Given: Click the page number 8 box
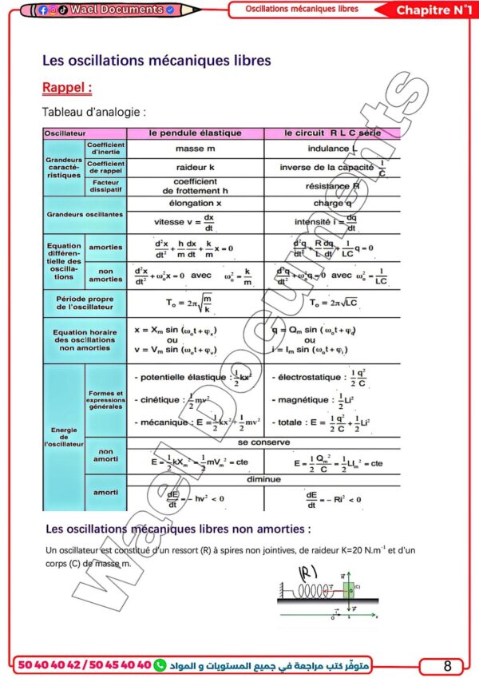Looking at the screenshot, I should coord(447,665).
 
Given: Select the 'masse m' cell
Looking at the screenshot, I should coord(195,149).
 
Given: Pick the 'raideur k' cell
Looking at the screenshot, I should coord(195,168).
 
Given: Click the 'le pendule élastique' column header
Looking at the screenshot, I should coord(195,133).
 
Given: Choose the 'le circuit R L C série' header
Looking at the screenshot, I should coord(332,133).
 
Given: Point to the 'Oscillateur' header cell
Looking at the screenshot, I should coord(65,133).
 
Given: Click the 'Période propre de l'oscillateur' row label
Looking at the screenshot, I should coord(85,302).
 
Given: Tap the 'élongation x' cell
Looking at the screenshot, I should coord(195,204).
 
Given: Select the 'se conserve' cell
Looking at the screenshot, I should coord(263,442).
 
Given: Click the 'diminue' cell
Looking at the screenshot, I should coord(263,479).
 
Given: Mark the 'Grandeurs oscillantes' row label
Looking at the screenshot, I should coord(85,215).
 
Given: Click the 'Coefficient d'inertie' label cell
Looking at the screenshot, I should coord(105,149).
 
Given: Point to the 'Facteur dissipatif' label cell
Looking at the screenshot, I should coord(105,187).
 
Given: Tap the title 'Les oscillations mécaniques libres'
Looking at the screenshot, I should coord(156,60).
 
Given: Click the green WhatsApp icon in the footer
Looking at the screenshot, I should coord(160,664).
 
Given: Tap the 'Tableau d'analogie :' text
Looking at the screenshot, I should coord(93,113).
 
